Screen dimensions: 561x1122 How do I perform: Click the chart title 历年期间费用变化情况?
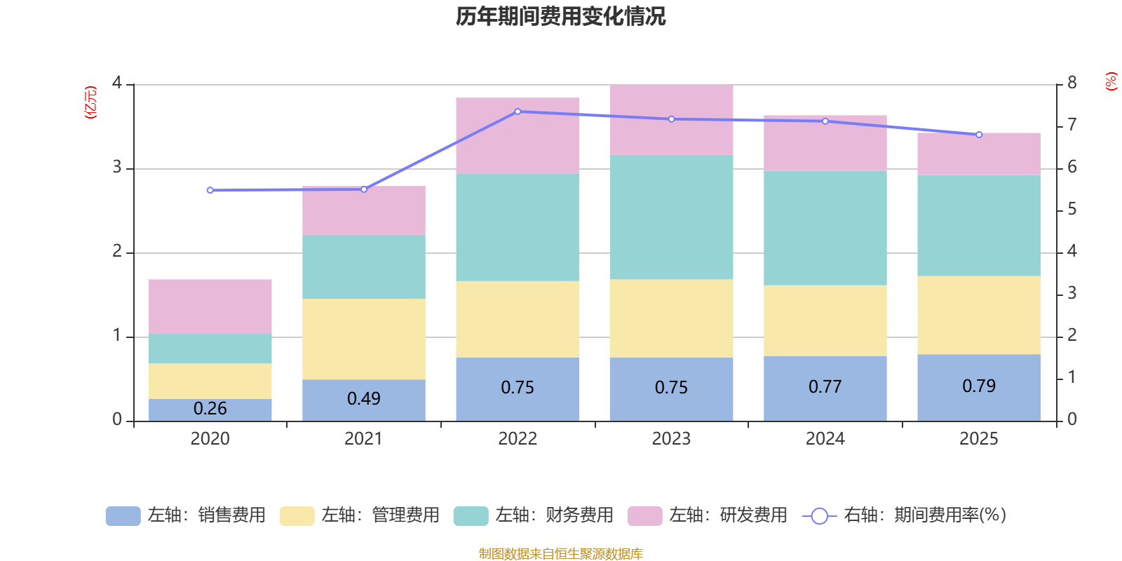pos(560,16)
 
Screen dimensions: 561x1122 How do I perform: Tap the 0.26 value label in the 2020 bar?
pos(210,408)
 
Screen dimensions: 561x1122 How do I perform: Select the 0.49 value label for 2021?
pos(364,398)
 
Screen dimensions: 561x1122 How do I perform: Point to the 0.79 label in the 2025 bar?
pos(979,386)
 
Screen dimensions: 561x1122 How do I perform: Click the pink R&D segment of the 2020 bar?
pos(210,306)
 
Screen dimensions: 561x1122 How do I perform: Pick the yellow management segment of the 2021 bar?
pos(364,339)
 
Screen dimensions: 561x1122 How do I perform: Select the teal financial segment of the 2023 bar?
pos(671,217)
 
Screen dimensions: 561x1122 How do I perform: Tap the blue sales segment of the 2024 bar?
pos(825,388)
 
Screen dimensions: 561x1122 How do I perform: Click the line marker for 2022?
pos(518,111)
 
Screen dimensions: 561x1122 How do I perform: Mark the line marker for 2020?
pos(210,190)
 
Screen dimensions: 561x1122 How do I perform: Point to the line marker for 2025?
pos(979,135)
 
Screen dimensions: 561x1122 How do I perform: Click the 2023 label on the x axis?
pos(671,439)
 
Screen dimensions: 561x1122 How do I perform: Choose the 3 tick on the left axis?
pos(117,168)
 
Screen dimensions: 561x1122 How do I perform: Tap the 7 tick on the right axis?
pos(1072,125)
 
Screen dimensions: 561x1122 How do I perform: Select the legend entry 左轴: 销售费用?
pos(186,515)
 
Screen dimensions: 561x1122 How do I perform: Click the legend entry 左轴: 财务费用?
pos(534,515)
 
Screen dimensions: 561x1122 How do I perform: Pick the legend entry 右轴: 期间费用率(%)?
pos(905,515)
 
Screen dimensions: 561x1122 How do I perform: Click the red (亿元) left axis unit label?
pos(90,102)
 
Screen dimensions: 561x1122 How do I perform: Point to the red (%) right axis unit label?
pos(1111,81)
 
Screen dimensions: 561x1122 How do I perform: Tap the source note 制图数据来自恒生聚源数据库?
pos(560,554)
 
